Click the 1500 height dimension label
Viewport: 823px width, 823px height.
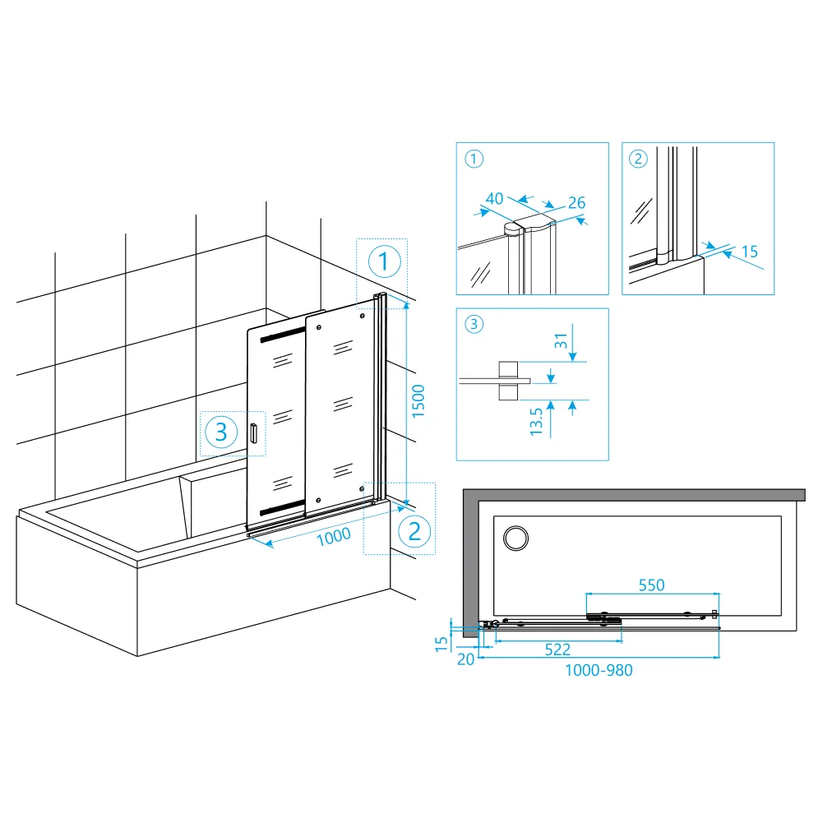tap(418, 401)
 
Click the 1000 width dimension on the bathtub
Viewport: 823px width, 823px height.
tap(334, 536)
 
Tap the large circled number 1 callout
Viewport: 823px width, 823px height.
tap(384, 261)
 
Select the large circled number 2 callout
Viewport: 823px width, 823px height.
tap(414, 532)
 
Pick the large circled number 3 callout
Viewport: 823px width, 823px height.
tap(221, 432)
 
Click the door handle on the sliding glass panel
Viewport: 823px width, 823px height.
tap(254, 433)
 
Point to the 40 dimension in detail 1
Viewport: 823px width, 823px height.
tap(494, 198)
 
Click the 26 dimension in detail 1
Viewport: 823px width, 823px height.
tap(576, 202)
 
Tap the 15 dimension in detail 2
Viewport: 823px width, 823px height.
tap(750, 252)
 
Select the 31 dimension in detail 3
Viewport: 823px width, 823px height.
tap(561, 341)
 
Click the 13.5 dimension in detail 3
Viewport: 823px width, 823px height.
tap(536, 422)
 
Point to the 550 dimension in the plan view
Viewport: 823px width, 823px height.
tap(651, 585)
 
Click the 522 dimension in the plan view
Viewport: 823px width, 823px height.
tap(557, 650)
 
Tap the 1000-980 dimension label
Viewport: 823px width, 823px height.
tap(599, 670)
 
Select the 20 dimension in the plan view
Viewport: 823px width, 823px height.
tap(465, 659)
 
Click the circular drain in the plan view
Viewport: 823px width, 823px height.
tap(516, 538)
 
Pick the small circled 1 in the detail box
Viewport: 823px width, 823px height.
tap(474, 159)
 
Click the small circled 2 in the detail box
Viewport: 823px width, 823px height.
tap(638, 159)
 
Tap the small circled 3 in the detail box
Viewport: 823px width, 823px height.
tap(474, 324)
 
